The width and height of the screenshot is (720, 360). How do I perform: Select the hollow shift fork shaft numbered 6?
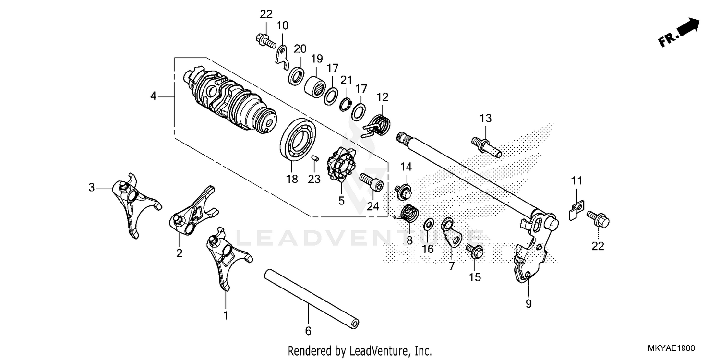click(312, 300)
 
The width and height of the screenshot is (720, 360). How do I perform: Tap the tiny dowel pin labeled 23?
click(315, 158)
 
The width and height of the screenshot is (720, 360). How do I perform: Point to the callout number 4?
click(153, 96)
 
